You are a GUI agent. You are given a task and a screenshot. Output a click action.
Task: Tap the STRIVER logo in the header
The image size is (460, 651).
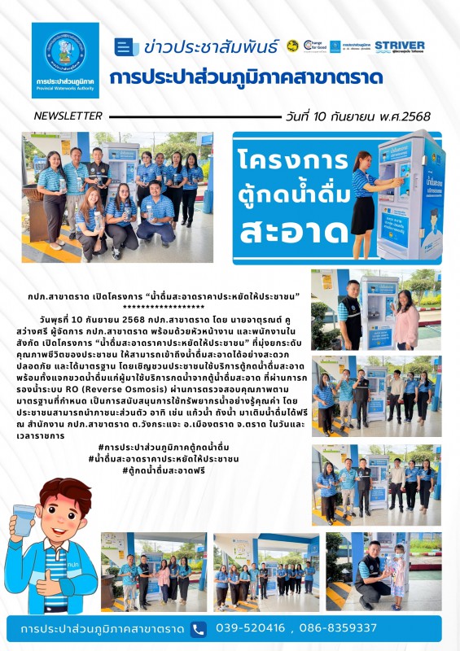pyautogui.click(x=400, y=46)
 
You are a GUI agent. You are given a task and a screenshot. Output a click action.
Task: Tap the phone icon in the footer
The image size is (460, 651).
pyautogui.click(x=199, y=628)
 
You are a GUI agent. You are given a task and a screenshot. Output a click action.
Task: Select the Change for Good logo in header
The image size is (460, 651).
pyautogui.click(x=313, y=46)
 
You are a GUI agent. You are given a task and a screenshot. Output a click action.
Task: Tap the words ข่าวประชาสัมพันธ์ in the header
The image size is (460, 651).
pyautogui.click(x=210, y=46)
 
